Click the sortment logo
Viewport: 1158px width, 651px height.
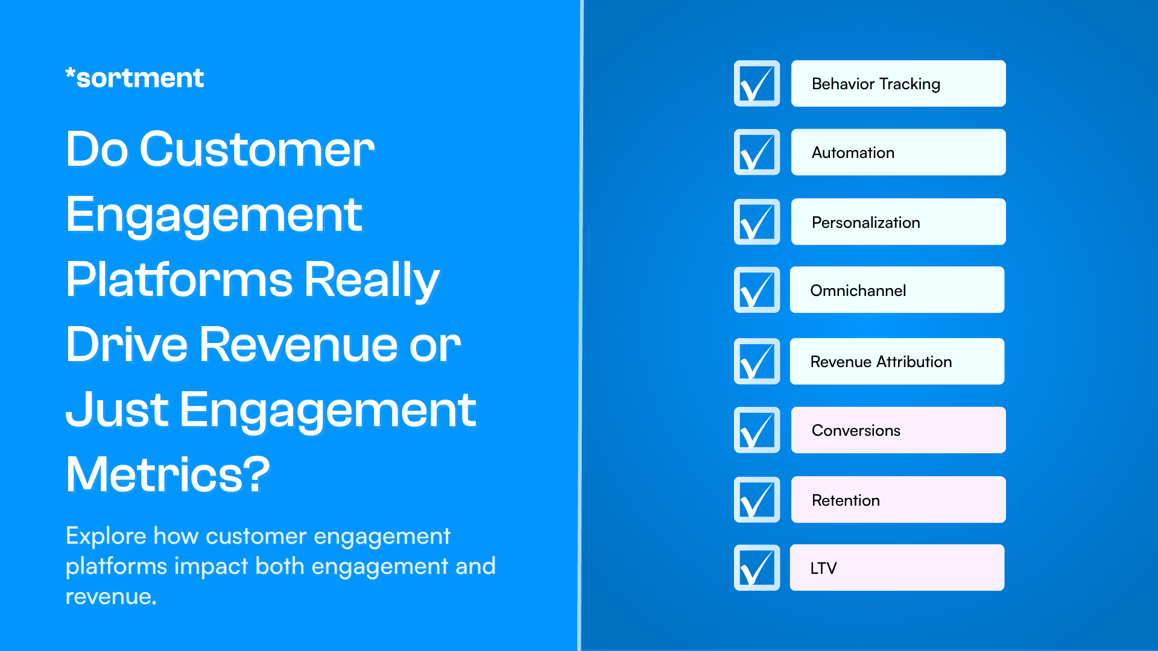pyautogui.click(x=134, y=78)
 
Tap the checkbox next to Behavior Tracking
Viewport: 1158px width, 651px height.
pyautogui.click(x=757, y=84)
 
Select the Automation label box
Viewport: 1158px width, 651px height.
pyautogui.click(x=898, y=153)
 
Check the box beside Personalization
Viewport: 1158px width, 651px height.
pyautogui.click(x=757, y=222)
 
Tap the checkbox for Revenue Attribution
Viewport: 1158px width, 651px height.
pyautogui.click(x=757, y=361)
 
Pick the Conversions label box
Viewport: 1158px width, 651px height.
pyautogui.click(x=898, y=430)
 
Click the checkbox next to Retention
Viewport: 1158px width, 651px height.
pyautogui.click(x=757, y=500)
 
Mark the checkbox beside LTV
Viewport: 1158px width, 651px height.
pyautogui.click(x=757, y=568)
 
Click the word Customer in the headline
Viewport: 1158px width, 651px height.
pyautogui.click(x=257, y=149)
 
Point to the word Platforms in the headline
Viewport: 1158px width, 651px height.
pyautogui.click(x=179, y=280)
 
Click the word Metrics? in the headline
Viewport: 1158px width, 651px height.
pyautogui.click(x=168, y=475)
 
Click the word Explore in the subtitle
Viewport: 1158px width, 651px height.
pyautogui.click(x=106, y=536)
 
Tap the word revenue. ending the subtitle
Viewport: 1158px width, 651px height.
pyautogui.click(x=111, y=597)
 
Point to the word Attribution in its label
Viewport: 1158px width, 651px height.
pyautogui.click(x=914, y=362)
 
